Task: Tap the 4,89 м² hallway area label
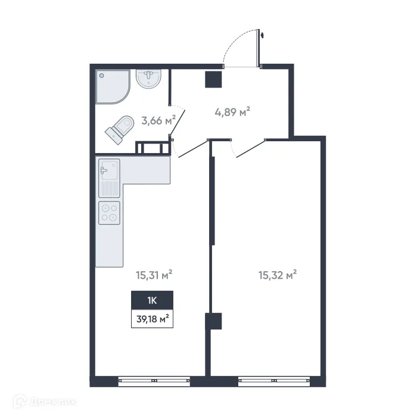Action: (x=231, y=111)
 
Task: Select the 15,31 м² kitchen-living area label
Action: (x=154, y=275)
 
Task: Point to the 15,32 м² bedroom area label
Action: (x=278, y=275)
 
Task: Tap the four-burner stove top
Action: (x=109, y=213)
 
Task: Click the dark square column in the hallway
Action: (x=213, y=79)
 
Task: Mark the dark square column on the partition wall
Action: (x=213, y=322)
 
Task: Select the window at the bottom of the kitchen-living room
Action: (x=154, y=379)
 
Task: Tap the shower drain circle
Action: (x=102, y=76)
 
